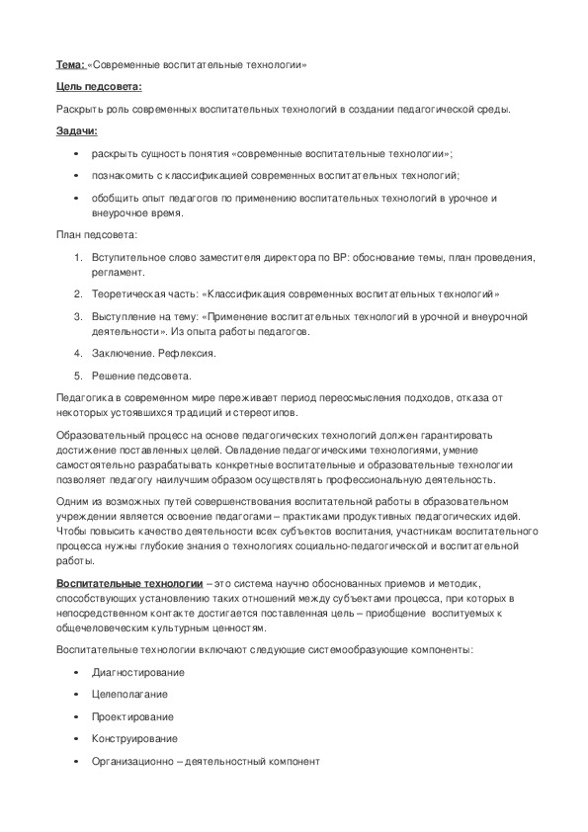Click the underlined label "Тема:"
pos(70,65)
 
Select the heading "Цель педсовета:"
pos(99,87)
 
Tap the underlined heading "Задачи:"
pos(76,130)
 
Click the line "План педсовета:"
pos(97,234)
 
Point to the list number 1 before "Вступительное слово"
pos(78,258)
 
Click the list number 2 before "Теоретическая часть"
pos(78,293)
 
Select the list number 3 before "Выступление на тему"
pos(78,316)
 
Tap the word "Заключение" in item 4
pos(119,353)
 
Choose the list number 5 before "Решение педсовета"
pos(78,375)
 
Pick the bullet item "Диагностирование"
pos(137,673)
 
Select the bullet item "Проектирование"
pos(132,717)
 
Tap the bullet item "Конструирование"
pos(134,739)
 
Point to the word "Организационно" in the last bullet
pos(133,762)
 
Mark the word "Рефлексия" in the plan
pos(190,353)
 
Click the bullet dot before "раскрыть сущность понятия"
pos(77,154)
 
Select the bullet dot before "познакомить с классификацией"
pos(77,176)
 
